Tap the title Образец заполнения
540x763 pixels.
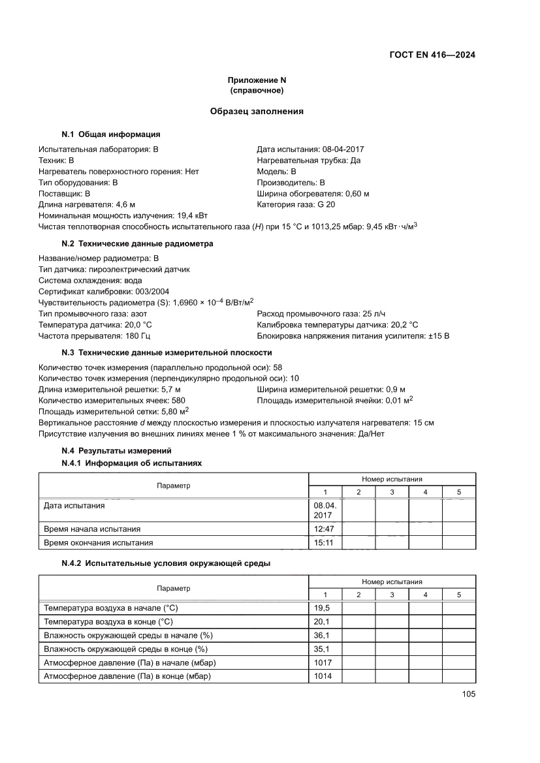[257, 112]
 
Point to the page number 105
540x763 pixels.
[468, 694]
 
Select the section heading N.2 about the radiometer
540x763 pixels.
[137, 243]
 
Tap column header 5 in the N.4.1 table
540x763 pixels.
[458, 492]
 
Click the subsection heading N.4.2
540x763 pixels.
[166, 563]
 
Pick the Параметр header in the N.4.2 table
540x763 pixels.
[173, 588]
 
